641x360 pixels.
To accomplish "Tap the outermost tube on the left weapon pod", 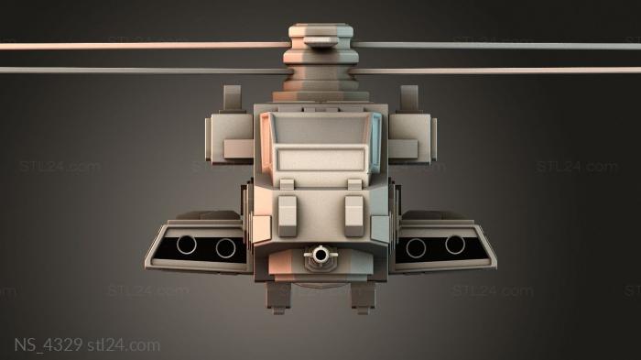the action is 187,245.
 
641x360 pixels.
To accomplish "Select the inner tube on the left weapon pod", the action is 225,248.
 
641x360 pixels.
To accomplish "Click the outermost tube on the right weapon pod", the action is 455,245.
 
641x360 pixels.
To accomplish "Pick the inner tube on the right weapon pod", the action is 416,248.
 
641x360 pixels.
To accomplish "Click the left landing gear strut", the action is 278,298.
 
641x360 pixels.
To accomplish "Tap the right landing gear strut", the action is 363,298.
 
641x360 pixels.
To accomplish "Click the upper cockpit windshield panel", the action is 320,128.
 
